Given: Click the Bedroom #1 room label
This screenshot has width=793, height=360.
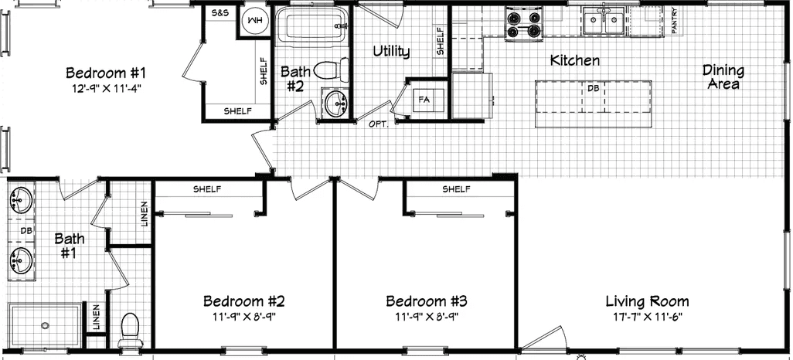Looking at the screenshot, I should [106, 73].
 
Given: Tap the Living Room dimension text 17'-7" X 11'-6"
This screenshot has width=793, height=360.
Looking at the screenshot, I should [647, 318].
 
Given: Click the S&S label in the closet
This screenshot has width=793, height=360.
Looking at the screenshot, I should [220, 15].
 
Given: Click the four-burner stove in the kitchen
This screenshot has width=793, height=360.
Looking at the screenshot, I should [522, 22].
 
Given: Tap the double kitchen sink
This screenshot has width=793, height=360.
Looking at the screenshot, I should [604, 20].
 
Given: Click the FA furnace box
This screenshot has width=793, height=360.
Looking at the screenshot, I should [424, 99].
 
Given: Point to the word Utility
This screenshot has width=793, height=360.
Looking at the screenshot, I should [391, 51].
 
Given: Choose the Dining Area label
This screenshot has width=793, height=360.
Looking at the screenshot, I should [723, 76].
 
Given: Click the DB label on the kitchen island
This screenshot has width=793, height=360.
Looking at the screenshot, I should [593, 88].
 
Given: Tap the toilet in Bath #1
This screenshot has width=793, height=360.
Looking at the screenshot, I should [130, 331].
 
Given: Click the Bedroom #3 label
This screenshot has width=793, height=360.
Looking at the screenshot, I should [426, 301].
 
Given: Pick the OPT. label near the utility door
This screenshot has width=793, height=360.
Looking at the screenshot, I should [378, 124].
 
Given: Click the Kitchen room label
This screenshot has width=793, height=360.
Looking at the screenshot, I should [574, 60].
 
